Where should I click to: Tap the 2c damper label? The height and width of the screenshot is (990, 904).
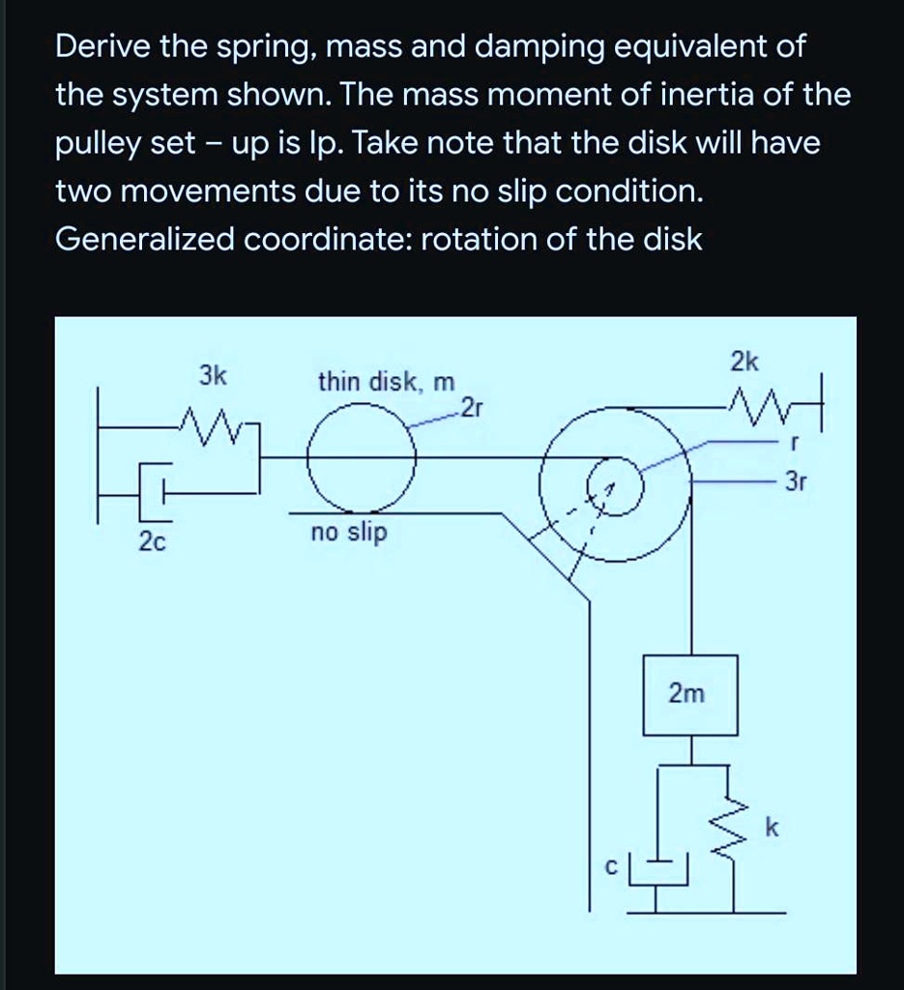152,542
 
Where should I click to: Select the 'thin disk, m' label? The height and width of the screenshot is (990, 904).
386,382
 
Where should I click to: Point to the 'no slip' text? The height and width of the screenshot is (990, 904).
348,532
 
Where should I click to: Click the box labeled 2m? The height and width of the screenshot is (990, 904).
690,694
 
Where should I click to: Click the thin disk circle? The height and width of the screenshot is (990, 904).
363,458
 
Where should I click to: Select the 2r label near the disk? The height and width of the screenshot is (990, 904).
471,406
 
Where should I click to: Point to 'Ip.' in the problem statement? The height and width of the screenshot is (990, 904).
320,144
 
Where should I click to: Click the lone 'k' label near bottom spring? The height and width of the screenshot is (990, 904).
770,829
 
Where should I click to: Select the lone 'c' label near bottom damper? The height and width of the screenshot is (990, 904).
610,868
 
